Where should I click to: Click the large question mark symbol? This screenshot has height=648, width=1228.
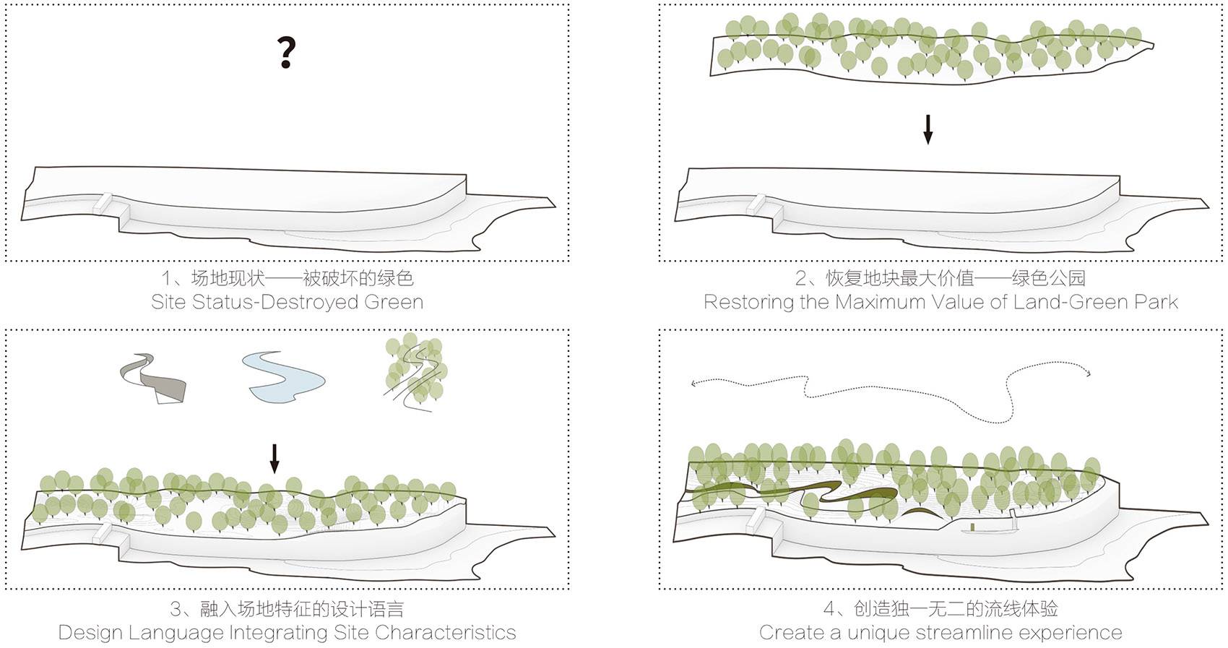[287, 53]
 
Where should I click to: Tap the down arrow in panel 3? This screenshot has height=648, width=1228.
[274, 458]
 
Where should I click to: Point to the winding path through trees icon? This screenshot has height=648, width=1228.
[415, 371]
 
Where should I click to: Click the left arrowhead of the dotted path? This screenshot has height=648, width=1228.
[694, 384]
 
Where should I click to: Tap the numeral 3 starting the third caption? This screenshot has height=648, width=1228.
[175, 609]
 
